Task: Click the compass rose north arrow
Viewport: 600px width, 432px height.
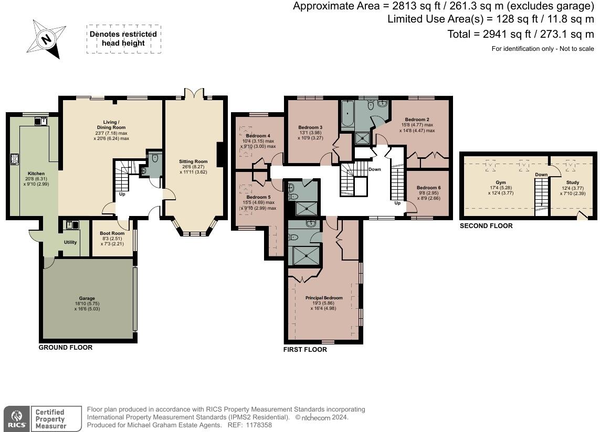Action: pyautogui.click(x=46, y=39)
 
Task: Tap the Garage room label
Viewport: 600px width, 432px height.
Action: pyautogui.click(x=87, y=298)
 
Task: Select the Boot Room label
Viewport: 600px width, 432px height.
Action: pyautogui.click(x=112, y=233)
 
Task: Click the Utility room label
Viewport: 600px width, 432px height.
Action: pyautogui.click(x=70, y=242)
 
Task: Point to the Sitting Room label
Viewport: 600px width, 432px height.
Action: pyautogui.click(x=193, y=161)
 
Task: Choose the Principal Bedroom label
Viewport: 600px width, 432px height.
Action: pyautogui.click(x=324, y=298)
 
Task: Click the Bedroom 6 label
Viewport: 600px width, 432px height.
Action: pyautogui.click(x=428, y=188)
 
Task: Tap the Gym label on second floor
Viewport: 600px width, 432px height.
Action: pyautogui.click(x=500, y=183)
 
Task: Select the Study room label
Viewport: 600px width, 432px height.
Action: pyautogui.click(x=573, y=183)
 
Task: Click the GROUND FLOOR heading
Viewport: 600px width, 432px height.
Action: pyautogui.click(x=66, y=348)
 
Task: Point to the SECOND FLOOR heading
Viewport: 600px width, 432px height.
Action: pyautogui.click(x=486, y=226)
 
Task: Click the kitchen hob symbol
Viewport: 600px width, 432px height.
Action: pyautogui.click(x=15, y=159)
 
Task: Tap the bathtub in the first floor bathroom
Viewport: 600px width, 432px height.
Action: pyautogui.click(x=348, y=113)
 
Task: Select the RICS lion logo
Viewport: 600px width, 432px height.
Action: pyautogui.click(x=16, y=418)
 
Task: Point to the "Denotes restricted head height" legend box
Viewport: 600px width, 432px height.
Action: pyautogui.click(x=123, y=39)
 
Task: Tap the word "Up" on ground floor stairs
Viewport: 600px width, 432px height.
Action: pyautogui.click(x=122, y=194)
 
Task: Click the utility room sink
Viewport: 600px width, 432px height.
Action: pyautogui.click(x=72, y=225)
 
